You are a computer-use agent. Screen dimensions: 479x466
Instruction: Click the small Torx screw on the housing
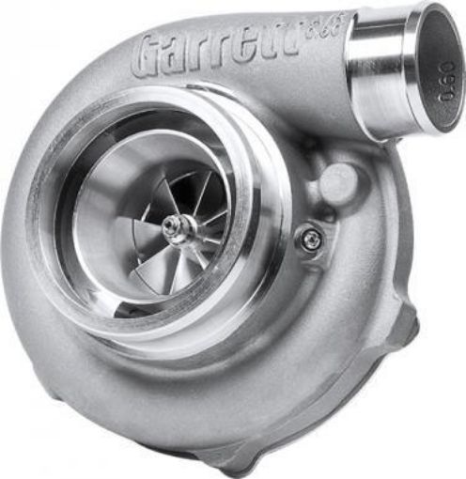tap(309, 239)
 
